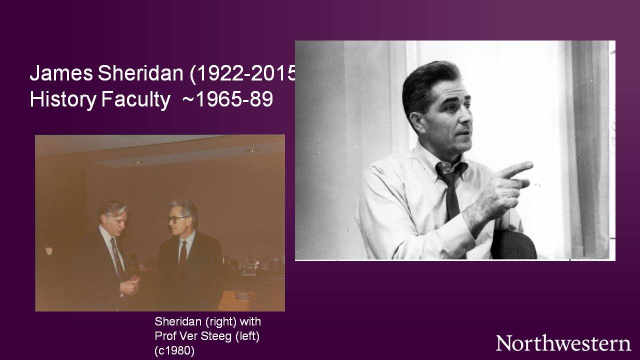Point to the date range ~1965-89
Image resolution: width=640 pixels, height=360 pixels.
click(x=227, y=99)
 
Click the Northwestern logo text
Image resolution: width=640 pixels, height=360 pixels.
click(x=563, y=343)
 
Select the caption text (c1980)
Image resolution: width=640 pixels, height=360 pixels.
click(x=174, y=350)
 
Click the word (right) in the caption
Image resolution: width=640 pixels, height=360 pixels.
click(x=219, y=321)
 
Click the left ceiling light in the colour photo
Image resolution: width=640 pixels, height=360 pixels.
click(x=137, y=162)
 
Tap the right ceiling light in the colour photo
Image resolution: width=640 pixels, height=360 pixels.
click(x=252, y=150)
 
